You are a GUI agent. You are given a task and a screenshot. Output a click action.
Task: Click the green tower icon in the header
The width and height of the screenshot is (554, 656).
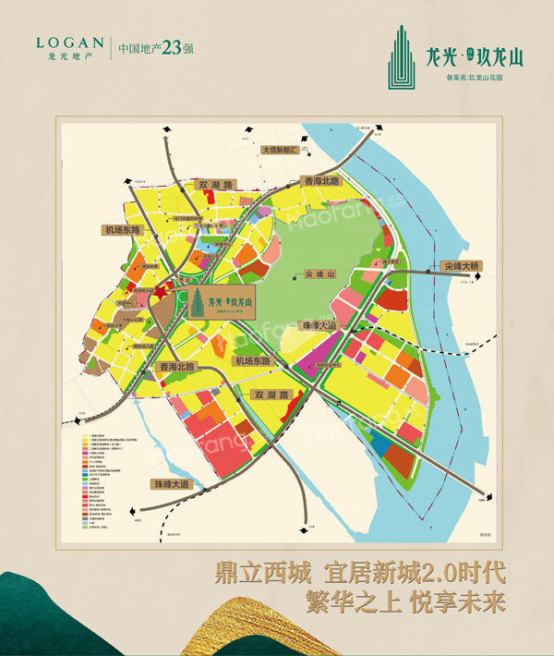(401, 54)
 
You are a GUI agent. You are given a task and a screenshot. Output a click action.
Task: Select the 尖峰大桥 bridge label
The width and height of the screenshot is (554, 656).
(462, 265)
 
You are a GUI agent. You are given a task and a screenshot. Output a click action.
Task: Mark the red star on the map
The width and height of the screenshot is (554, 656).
(159, 293)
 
